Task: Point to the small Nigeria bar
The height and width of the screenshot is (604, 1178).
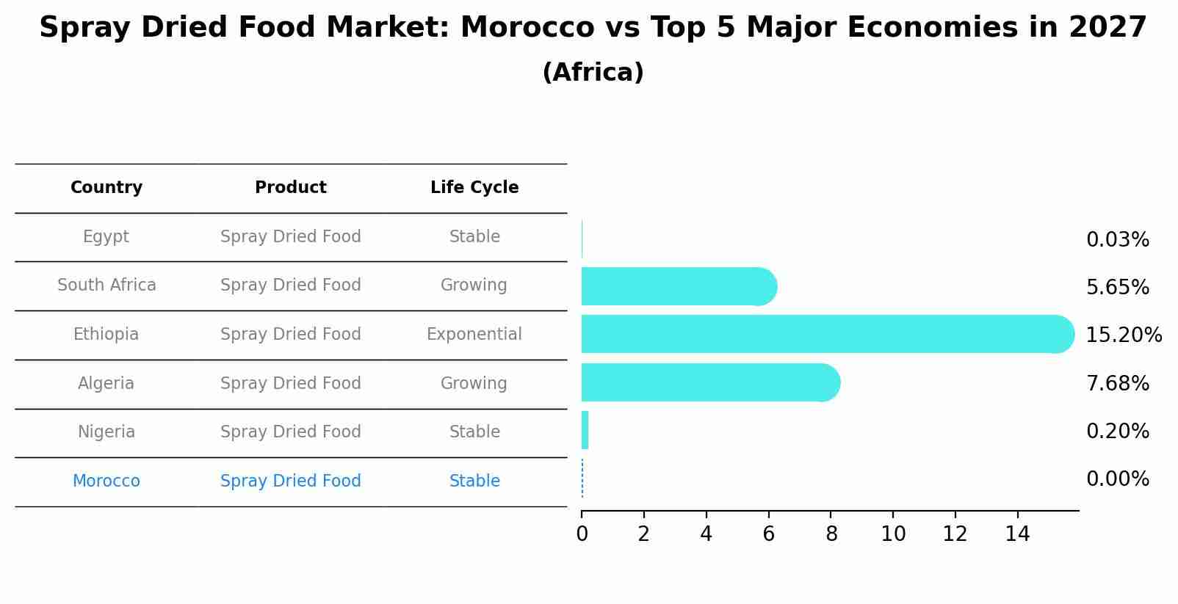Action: [585, 430]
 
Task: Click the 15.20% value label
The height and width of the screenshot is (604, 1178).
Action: [1123, 335]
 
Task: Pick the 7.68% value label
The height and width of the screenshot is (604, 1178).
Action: [1117, 383]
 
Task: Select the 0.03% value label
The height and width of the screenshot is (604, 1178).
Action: [1117, 240]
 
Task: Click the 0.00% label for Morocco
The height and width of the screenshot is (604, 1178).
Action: [1117, 479]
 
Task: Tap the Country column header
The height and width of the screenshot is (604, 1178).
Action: [106, 188]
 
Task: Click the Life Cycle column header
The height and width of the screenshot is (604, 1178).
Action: [474, 188]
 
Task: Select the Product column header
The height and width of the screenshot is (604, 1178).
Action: [290, 188]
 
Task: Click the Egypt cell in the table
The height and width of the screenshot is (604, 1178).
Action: [106, 237]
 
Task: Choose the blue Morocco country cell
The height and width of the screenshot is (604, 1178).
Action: [106, 481]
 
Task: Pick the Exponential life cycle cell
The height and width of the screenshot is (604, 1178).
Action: [474, 335]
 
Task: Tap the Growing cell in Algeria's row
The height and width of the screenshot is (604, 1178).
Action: [474, 383]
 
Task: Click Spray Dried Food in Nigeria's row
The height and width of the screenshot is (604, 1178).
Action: [290, 432]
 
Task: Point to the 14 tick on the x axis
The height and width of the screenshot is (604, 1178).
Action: [1017, 534]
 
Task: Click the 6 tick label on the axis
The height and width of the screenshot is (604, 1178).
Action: [768, 534]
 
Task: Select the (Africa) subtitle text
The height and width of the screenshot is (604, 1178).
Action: [593, 73]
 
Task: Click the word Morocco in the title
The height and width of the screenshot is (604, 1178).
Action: [527, 28]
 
